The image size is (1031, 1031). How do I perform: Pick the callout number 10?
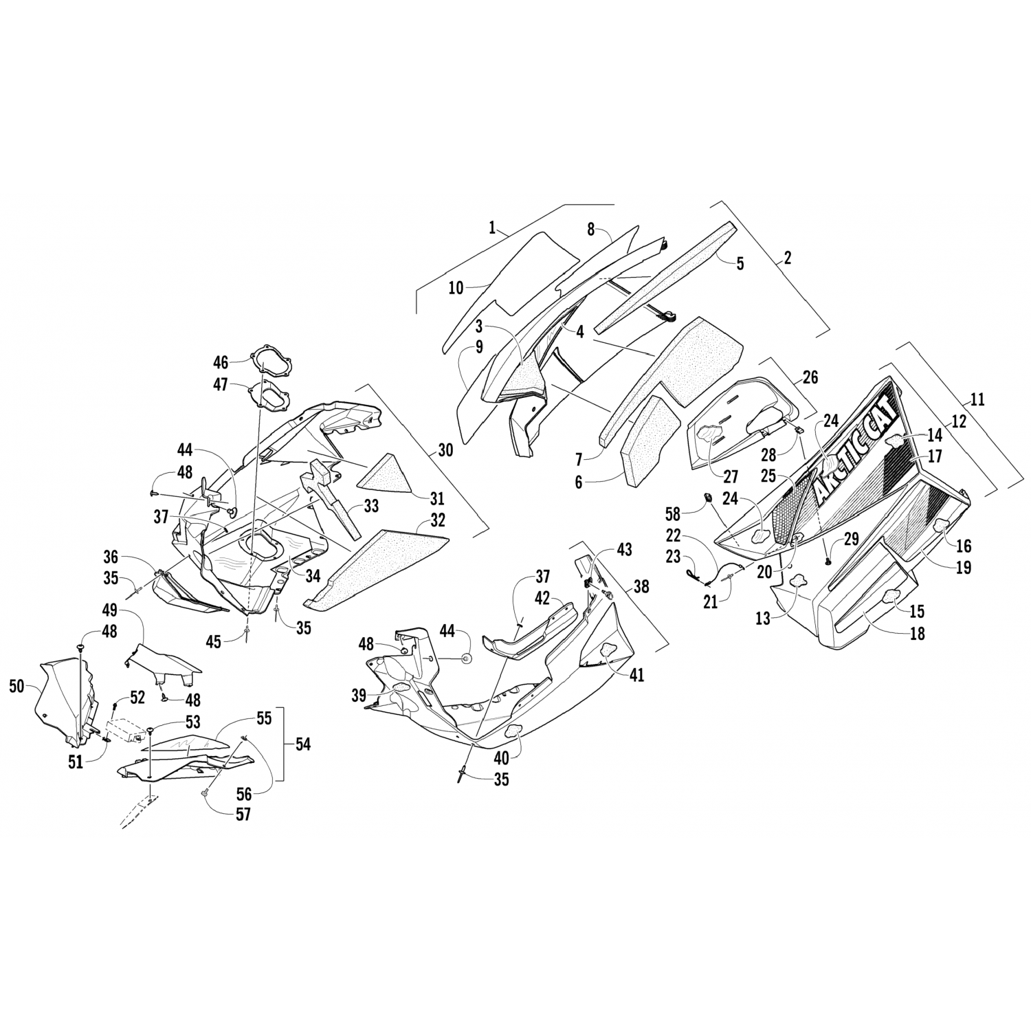click(456, 287)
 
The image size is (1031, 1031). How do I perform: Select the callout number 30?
click(445, 450)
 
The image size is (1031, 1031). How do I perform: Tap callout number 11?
click(977, 399)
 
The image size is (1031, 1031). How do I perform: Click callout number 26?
click(810, 377)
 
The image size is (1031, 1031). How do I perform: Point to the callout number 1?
click(492, 228)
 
